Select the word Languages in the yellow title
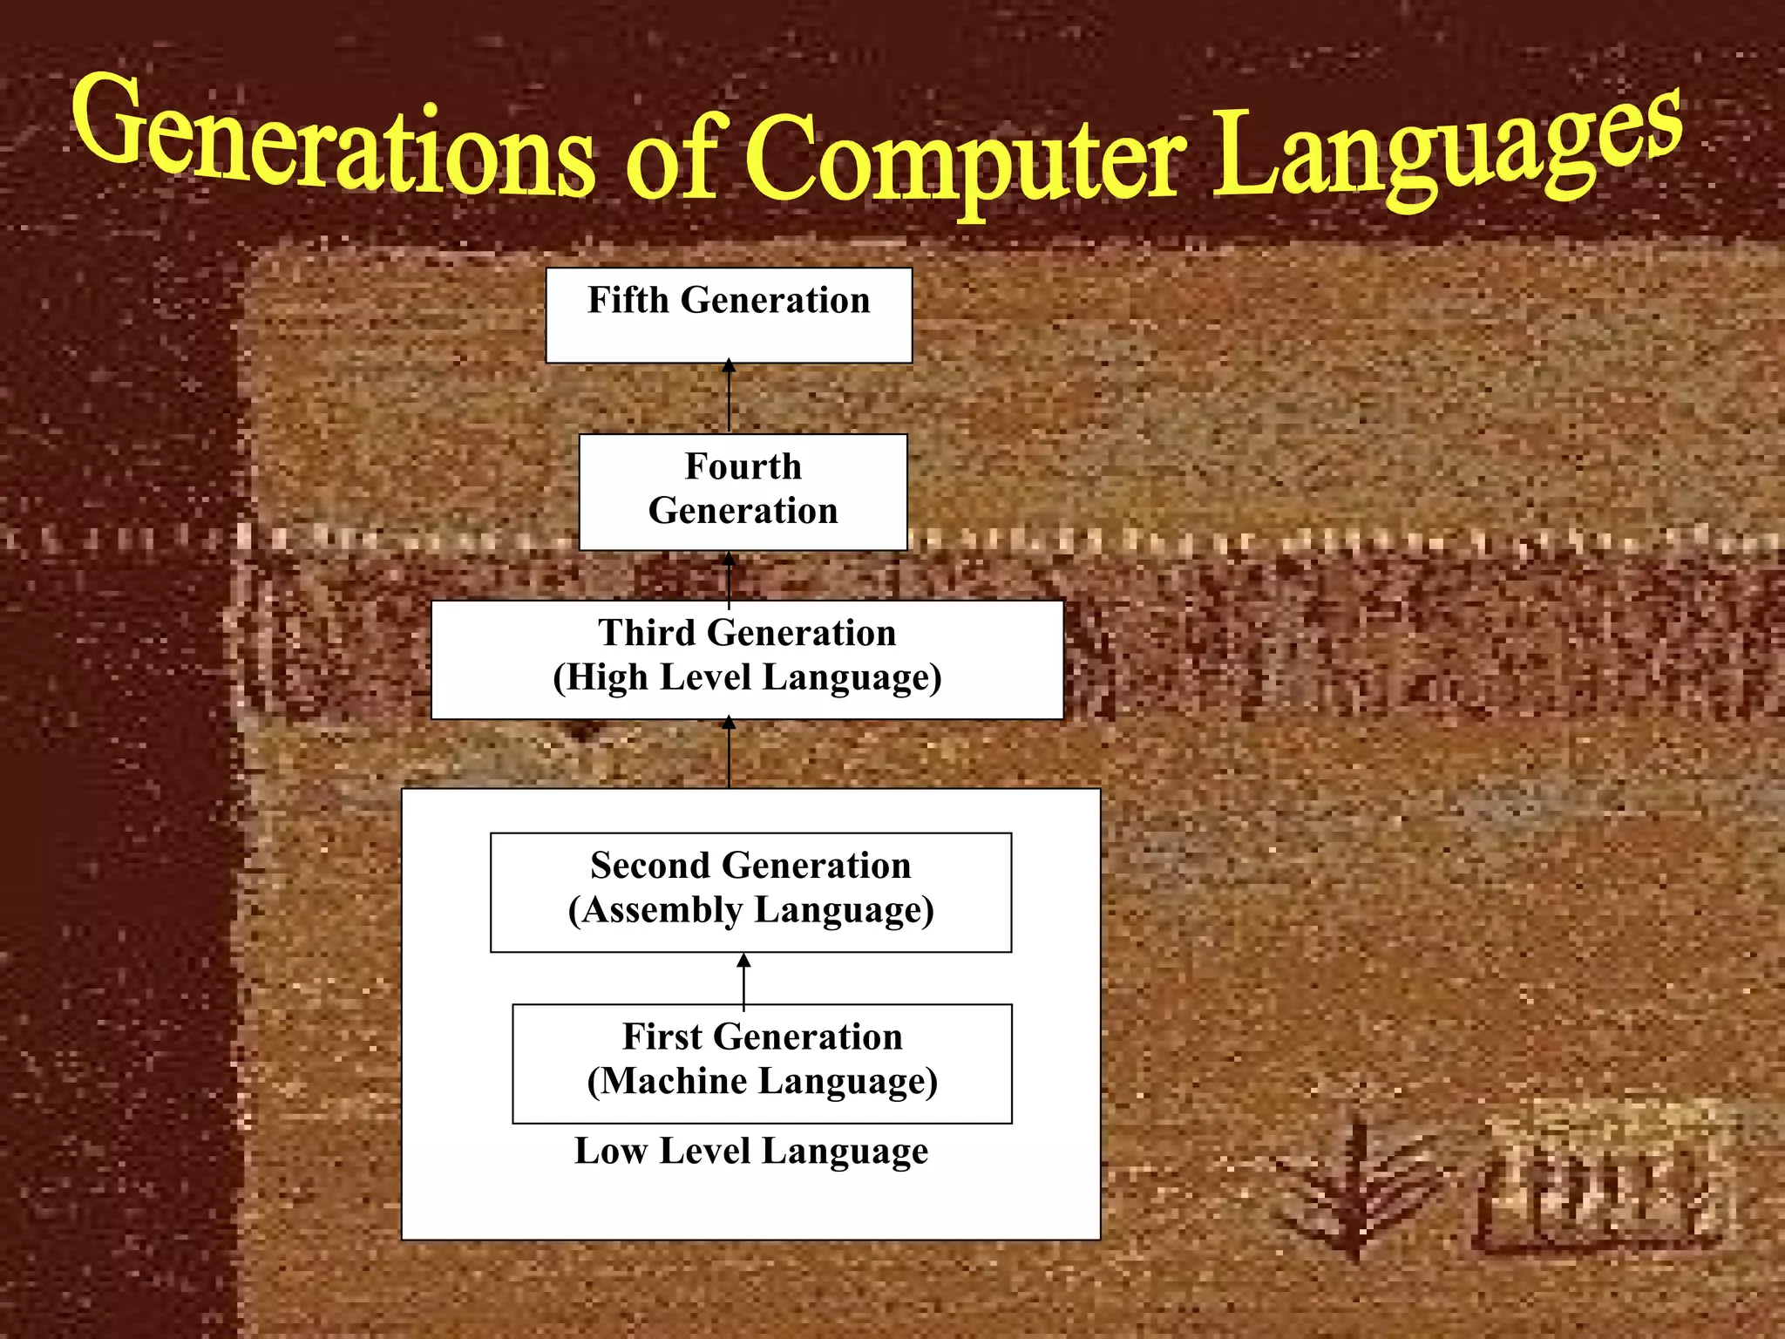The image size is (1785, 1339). coord(1447,148)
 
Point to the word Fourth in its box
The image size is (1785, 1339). coord(743,466)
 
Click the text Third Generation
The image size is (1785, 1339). coord(747,633)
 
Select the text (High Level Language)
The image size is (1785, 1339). coord(747,678)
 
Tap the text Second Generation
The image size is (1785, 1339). coord(750,866)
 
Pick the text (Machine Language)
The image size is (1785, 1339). coord(762,1082)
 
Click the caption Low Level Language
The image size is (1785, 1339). coord(750,1152)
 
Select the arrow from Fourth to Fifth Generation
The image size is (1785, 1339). coord(730,398)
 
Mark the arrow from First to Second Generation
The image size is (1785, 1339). coord(743,980)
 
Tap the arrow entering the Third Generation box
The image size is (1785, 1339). coord(730,753)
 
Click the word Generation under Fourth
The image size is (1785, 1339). coord(743,511)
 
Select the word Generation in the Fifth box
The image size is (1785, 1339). coord(775,300)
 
